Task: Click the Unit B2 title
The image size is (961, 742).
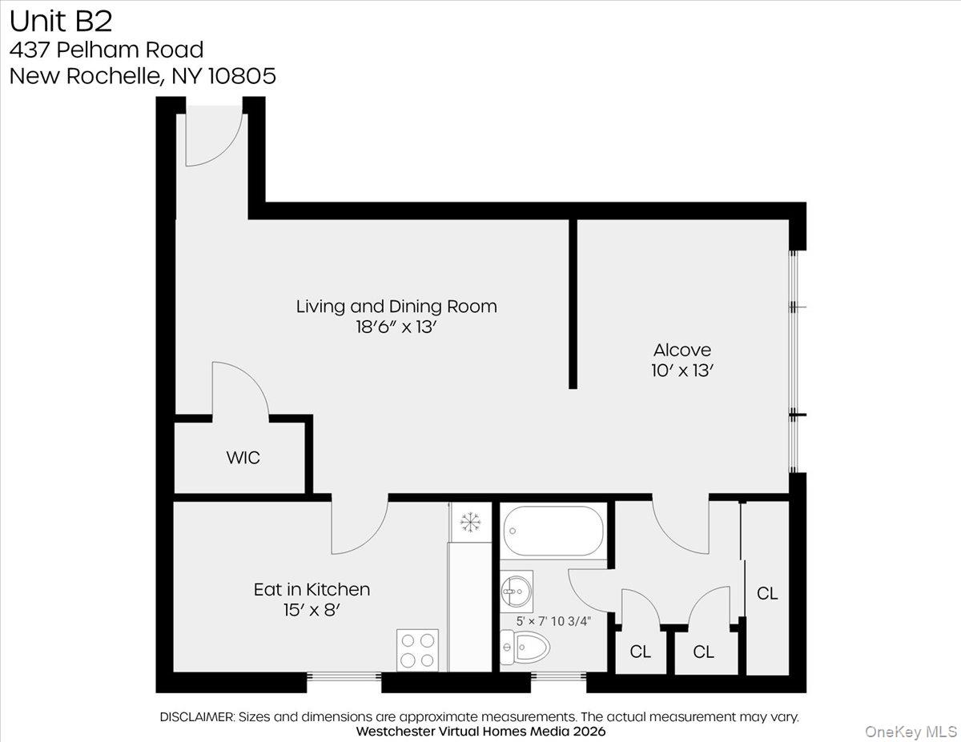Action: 61,20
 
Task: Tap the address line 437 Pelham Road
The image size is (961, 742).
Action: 106,50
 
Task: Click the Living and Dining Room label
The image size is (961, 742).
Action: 396,306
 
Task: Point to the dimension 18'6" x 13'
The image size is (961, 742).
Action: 396,327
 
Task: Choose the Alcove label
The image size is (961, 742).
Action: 682,350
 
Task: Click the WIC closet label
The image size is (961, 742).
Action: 243,459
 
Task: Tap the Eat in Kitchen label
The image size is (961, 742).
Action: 312,589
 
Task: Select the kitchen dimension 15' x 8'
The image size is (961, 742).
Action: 312,610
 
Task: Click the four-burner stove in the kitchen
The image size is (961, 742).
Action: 418,649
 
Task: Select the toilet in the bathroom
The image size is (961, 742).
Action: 525,646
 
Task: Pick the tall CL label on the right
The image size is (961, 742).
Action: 767,593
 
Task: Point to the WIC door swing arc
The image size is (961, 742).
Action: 240,389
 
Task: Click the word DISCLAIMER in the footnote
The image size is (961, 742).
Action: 196,716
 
